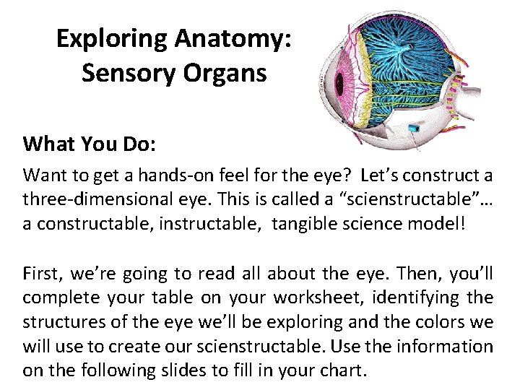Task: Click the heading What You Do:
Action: (x=90, y=144)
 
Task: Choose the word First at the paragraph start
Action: (x=41, y=273)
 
